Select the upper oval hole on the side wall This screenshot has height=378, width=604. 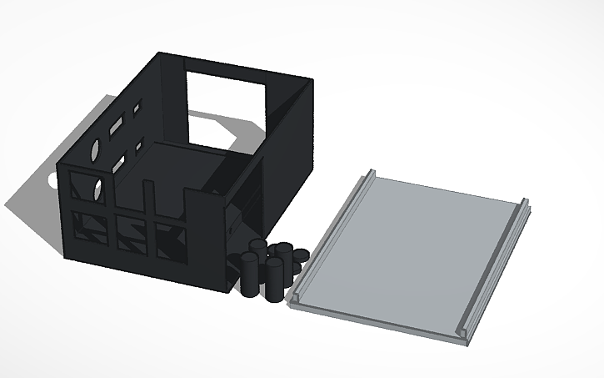point(95,152)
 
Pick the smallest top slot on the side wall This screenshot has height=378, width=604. point(137,108)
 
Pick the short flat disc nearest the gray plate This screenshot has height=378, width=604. point(298,255)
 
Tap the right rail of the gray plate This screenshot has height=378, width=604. point(497,267)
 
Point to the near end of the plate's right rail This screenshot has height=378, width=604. point(462,334)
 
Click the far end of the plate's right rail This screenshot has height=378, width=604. point(525,204)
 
